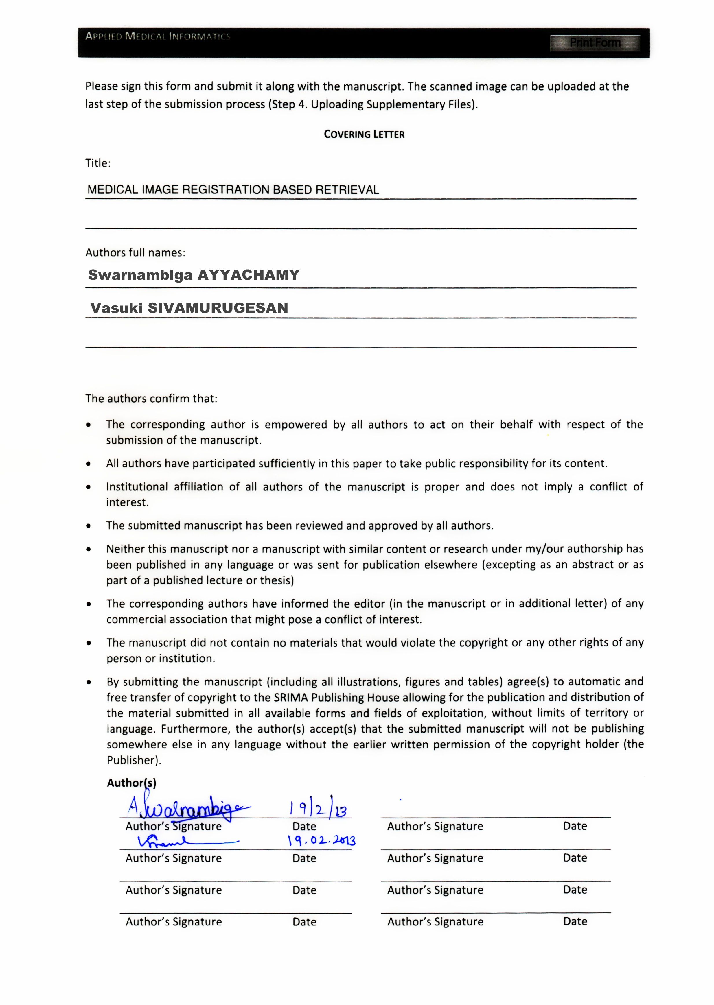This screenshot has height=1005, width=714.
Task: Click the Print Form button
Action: (595, 43)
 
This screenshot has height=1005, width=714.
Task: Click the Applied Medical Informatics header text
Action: (158, 36)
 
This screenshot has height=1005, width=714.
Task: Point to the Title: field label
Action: (97, 163)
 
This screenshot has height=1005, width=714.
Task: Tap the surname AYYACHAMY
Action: (249, 275)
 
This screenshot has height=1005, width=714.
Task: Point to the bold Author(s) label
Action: (131, 783)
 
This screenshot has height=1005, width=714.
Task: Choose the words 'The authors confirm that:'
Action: (151, 399)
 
